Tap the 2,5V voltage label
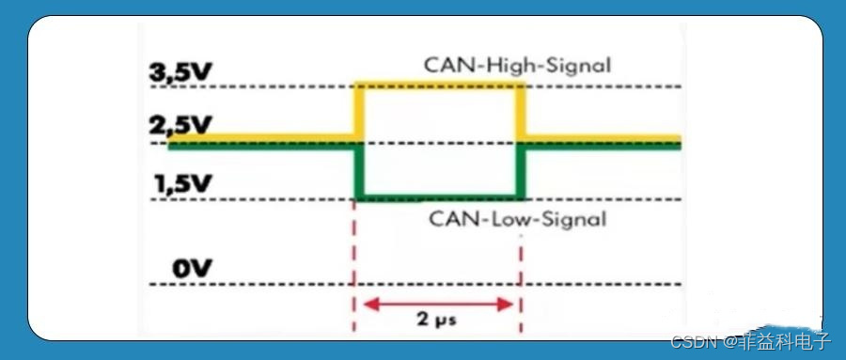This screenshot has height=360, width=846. click(182, 125)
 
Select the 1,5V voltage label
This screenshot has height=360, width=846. click(184, 183)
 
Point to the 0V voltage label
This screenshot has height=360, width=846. click(194, 269)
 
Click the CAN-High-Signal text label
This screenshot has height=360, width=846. click(517, 66)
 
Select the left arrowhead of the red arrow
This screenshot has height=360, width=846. click(370, 303)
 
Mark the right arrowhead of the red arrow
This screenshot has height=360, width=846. click(509, 303)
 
